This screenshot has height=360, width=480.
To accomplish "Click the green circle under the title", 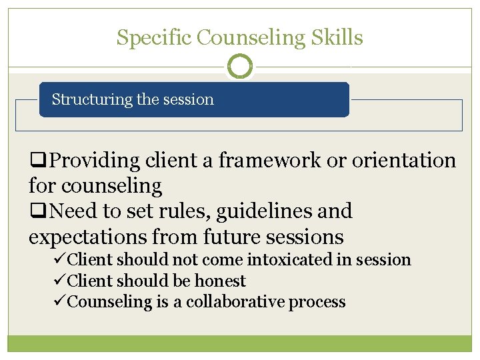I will [240, 66].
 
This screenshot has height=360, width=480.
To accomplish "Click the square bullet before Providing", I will [39, 161].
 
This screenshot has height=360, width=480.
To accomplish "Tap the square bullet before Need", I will [39, 211].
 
